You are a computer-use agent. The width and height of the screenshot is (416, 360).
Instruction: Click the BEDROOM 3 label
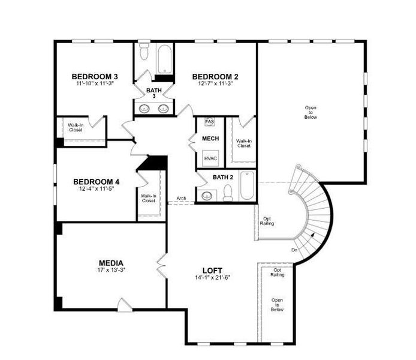[x=95, y=76]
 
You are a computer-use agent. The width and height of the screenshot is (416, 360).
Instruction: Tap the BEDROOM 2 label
[x=215, y=76]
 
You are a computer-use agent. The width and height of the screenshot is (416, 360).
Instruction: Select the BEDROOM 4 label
[x=96, y=181]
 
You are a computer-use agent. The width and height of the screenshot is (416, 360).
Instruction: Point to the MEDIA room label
[x=111, y=263]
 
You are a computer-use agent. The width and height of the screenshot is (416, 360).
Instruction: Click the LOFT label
[x=213, y=270]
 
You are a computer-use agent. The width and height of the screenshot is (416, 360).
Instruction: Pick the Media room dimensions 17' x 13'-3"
[x=111, y=270]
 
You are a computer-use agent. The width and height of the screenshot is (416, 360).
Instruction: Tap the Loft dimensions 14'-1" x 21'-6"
[x=213, y=277]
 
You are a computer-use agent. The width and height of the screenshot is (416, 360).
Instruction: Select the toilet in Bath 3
[x=144, y=53]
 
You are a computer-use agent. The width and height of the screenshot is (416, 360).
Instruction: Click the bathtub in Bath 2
[x=247, y=187]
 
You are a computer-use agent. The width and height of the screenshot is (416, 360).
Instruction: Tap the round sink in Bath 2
[x=208, y=195]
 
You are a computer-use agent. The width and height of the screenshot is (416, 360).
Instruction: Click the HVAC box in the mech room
[x=210, y=158]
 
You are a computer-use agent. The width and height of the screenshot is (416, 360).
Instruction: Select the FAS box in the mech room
[x=209, y=122]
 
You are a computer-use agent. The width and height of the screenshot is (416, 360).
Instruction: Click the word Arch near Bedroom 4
[x=181, y=199]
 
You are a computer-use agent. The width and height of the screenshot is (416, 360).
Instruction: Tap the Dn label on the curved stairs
[x=294, y=249]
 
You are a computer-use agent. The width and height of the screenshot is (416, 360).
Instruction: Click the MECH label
[x=210, y=139]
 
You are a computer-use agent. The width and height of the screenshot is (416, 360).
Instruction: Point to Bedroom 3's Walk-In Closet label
[x=76, y=127]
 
